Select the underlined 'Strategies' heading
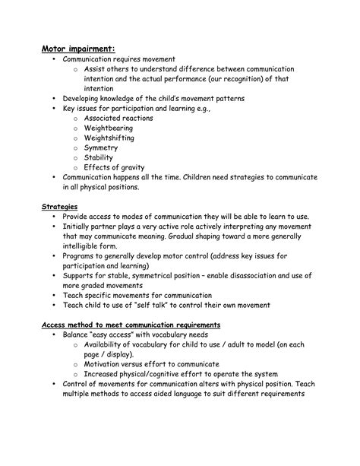coord(58,206)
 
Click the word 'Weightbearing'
coord(109,128)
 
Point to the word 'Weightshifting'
coord(109,138)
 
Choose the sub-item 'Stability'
coord(99,157)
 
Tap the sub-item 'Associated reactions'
coord(118,119)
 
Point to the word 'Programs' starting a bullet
coord(80,255)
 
